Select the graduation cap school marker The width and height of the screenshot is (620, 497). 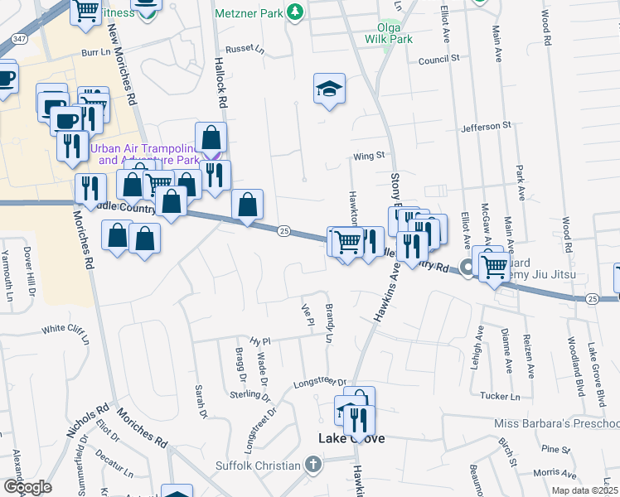(x=329, y=89)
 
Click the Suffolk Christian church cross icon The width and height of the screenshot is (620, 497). (x=312, y=465)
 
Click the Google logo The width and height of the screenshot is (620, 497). (x=28, y=486)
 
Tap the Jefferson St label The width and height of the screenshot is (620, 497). (x=486, y=126)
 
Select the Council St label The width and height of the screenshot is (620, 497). (x=438, y=60)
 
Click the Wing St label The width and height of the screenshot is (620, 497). (x=369, y=155)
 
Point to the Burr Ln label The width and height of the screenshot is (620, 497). (x=95, y=52)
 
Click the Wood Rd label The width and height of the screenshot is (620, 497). (x=545, y=27)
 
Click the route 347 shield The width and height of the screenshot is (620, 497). (x=18, y=38)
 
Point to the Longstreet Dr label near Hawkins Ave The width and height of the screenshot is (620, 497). (x=319, y=383)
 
